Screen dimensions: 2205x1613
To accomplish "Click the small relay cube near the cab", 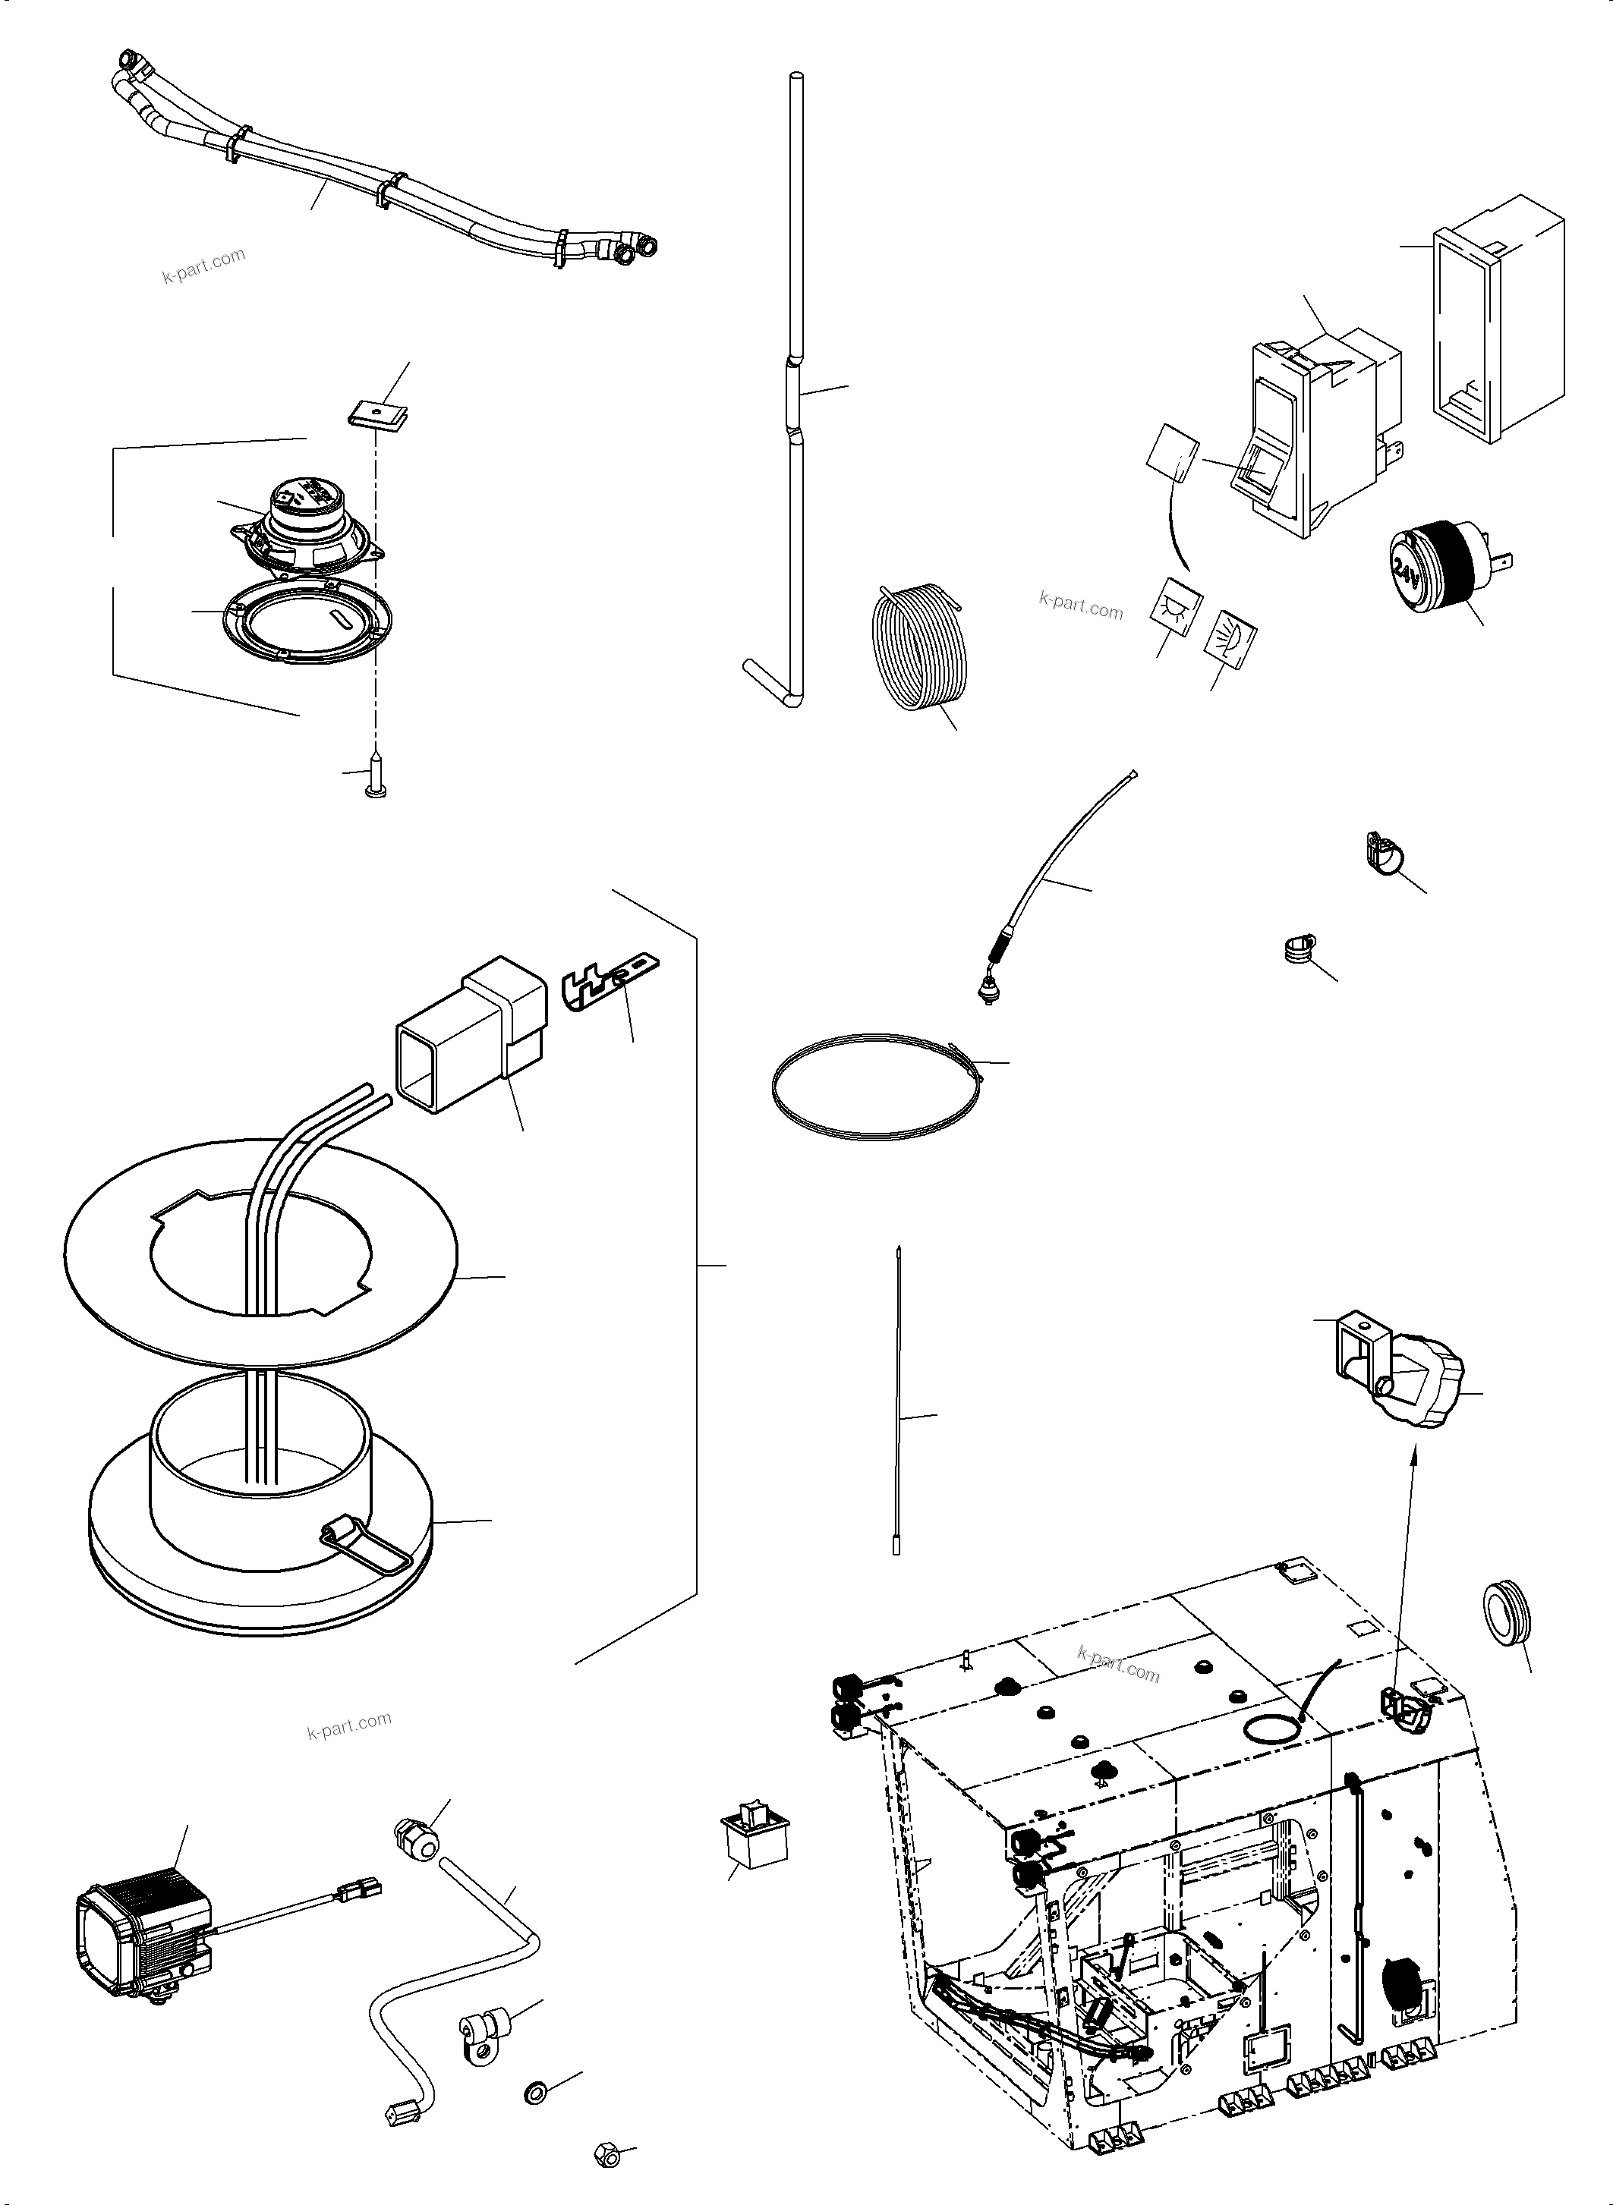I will click(x=754, y=1838).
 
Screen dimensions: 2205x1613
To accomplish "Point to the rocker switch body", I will click(x=1318, y=429).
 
